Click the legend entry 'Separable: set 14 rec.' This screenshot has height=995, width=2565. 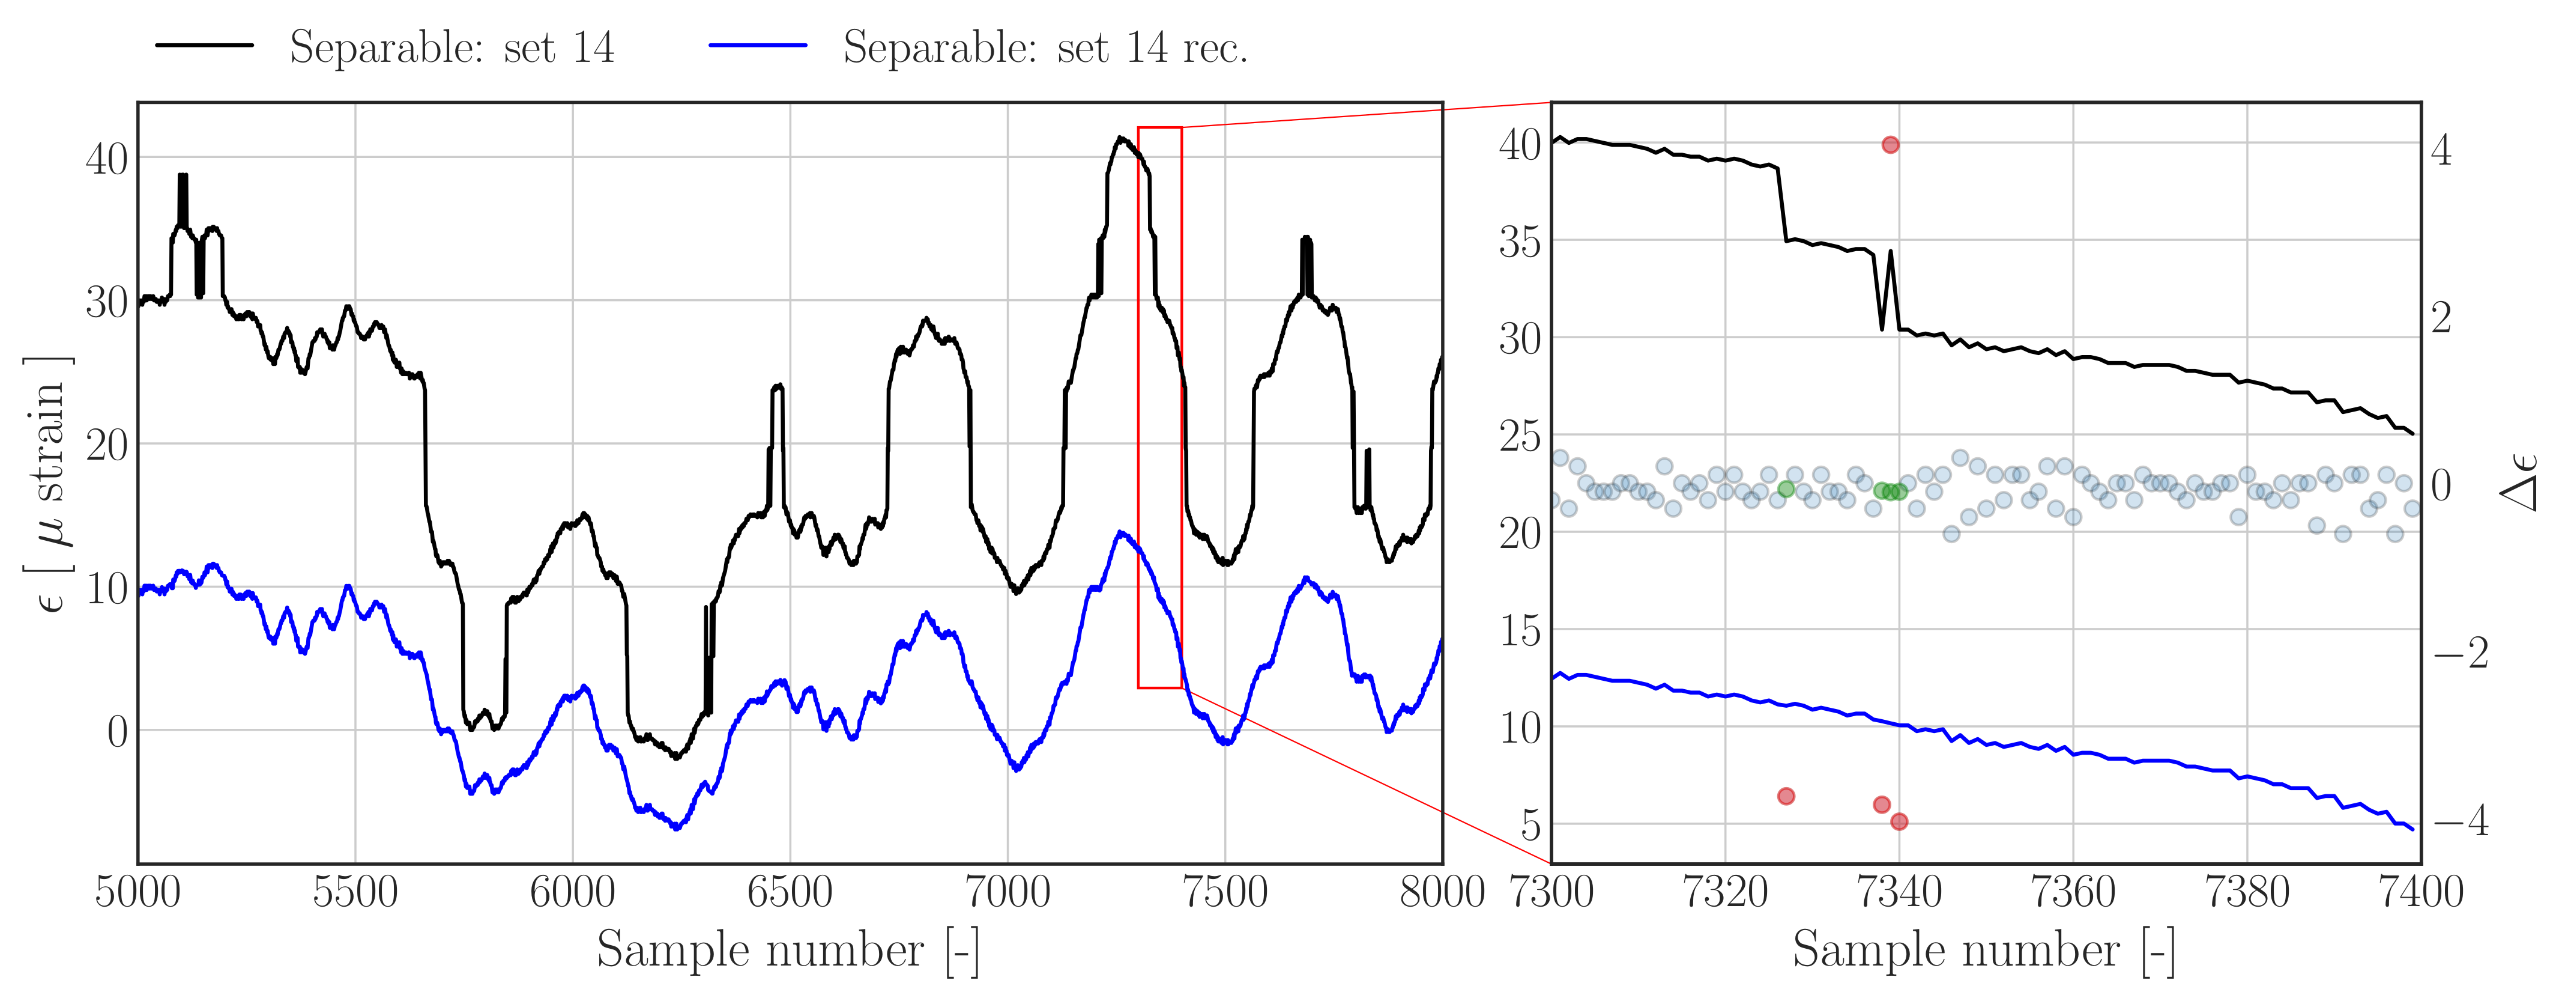point(1045,47)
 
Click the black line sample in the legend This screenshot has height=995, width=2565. point(204,46)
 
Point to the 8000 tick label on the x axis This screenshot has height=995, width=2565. point(1442,892)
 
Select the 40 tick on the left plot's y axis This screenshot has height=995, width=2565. point(106,159)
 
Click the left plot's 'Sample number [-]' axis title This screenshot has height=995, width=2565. point(788,949)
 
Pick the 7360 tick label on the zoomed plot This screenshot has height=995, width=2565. point(2073,892)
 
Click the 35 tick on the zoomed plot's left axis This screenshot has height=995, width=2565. point(1520,242)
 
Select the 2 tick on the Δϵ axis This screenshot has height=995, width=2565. point(2441,318)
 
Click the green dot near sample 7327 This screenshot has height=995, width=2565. point(1786,489)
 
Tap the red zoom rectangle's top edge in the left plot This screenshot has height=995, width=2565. point(1160,127)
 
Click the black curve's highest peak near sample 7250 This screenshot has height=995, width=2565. point(1121,138)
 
